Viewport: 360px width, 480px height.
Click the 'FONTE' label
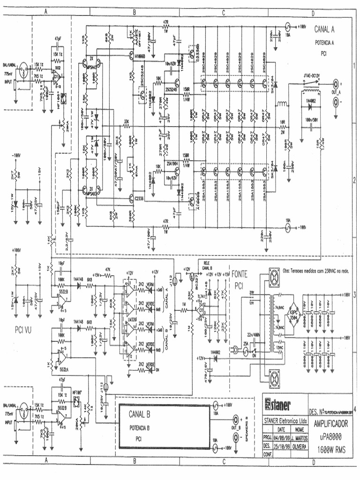(x=239, y=275)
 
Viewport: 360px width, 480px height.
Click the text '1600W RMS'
(x=330, y=447)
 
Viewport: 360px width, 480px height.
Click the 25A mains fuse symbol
(x=246, y=350)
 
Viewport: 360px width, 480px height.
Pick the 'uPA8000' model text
(x=330, y=436)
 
